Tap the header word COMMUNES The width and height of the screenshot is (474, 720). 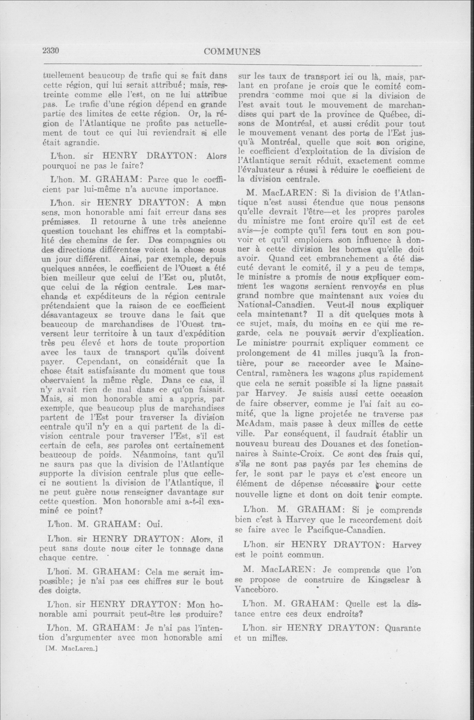[x=232, y=52]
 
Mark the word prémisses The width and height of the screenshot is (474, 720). [x=60, y=222]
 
